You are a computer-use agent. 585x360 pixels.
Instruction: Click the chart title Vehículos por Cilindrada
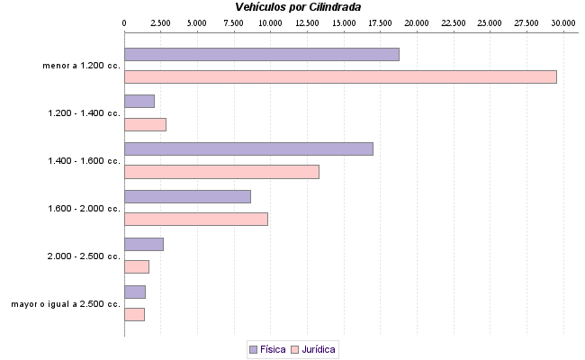292,6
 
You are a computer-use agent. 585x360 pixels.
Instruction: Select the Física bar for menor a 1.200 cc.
261,55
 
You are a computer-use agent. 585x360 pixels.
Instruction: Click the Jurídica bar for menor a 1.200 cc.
340,77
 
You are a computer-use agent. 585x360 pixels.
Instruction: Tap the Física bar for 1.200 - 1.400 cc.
139,102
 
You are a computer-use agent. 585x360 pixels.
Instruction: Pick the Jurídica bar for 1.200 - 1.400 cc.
145,124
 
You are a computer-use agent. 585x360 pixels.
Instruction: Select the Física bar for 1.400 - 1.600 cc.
248,149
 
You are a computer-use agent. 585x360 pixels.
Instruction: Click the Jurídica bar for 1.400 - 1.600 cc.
221,172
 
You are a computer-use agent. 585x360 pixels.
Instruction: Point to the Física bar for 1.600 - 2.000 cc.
187,196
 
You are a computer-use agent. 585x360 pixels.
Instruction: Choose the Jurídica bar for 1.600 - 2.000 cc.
196,219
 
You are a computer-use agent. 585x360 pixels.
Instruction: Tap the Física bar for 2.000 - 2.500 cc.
144,244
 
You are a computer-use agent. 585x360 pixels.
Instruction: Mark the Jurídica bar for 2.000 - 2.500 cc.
137,266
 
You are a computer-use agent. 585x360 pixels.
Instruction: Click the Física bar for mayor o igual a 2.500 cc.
135,292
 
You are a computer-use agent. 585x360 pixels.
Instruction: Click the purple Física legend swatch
253,348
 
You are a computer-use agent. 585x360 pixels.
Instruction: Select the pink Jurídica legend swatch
296,348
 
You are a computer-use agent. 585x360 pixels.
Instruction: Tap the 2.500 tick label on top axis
160,22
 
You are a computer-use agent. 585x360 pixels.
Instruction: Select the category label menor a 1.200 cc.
81,66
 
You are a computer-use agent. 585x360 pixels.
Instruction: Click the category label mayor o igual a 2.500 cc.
66,304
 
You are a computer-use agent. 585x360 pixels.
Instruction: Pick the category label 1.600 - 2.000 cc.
84,209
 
